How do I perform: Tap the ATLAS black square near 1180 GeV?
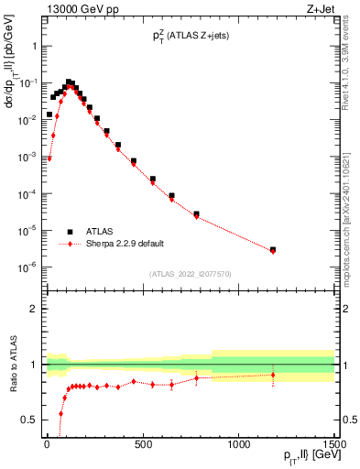tap(273, 249)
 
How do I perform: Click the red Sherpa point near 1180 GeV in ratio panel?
tap(273, 375)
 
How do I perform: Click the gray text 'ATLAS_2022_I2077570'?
tap(189, 274)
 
